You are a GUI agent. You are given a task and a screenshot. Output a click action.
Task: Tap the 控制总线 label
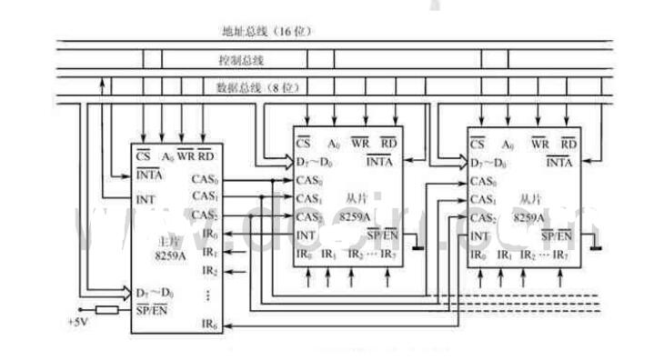[240, 60]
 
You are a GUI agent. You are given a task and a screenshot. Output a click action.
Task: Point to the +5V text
[77, 322]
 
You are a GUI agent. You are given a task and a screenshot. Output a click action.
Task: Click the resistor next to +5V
[108, 310]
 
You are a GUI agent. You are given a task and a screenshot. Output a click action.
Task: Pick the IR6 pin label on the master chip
[209, 325]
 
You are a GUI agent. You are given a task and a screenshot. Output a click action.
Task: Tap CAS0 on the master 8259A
[205, 179]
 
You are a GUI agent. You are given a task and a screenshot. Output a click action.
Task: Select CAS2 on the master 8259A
[205, 215]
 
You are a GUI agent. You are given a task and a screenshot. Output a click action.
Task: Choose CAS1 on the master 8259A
[205, 196]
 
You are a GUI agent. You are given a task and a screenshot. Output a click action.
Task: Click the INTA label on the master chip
[148, 175]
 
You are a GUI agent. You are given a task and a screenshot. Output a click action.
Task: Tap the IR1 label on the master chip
[209, 252]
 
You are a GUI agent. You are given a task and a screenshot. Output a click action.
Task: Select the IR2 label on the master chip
[209, 271]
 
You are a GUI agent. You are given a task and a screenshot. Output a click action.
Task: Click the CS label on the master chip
[143, 156]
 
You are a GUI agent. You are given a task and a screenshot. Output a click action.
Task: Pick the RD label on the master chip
[205, 156]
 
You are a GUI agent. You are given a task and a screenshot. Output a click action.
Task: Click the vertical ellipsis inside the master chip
[209, 295]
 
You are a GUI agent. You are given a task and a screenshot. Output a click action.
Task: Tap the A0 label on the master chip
[167, 157]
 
